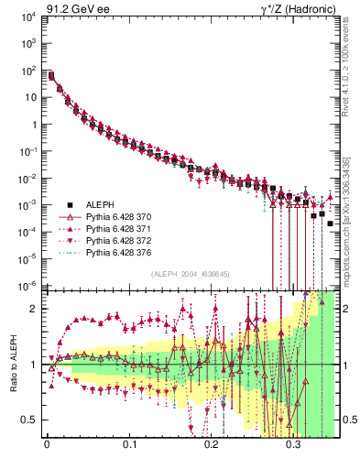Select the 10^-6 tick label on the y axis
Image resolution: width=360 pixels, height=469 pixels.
coord(30,286)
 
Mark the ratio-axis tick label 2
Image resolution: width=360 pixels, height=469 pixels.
coord(38,309)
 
